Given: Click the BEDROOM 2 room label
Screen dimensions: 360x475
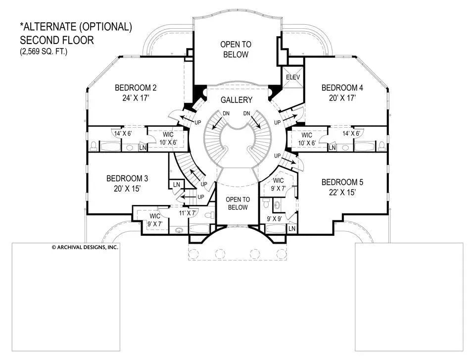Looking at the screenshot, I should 136,88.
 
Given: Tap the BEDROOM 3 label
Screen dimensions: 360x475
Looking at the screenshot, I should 127,178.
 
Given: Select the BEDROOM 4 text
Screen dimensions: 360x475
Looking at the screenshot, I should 342,88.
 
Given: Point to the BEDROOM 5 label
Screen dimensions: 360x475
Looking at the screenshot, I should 342,182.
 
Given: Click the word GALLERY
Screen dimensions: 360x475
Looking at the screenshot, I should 237,100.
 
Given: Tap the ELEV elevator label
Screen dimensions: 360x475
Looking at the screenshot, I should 293,77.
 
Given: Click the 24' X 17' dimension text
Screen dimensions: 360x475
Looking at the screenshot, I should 136,98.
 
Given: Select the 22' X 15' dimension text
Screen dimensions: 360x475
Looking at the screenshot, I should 342,192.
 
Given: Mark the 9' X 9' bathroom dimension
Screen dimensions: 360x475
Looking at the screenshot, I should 275,218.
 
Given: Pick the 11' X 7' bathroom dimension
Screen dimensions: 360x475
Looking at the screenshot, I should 188,213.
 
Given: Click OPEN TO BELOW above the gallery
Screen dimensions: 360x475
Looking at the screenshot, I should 236,50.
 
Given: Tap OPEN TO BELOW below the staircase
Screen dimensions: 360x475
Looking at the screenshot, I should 237,204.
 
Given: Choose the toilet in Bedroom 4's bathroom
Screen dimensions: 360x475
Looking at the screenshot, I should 381,146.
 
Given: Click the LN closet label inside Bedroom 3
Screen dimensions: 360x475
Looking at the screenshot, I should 177,185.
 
